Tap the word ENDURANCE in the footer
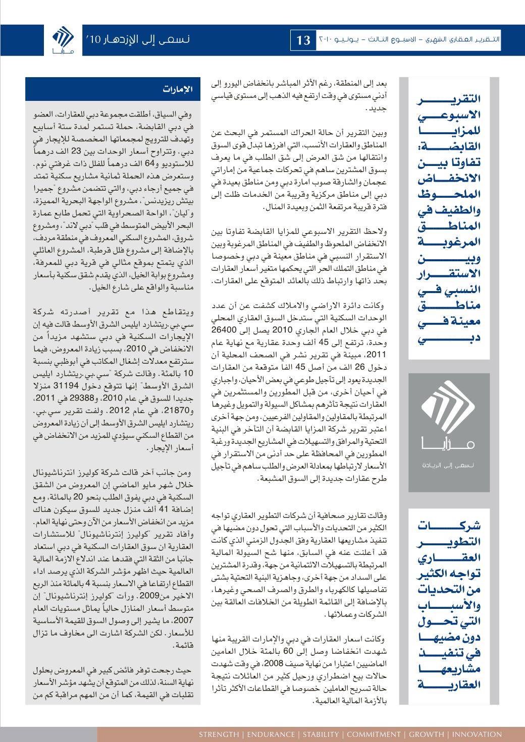(x=268, y=734)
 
